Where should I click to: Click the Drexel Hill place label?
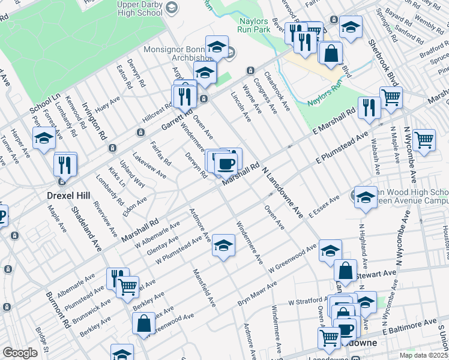click(69, 195)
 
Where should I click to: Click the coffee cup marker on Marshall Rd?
click(226, 162)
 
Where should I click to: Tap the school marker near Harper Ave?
click(44, 139)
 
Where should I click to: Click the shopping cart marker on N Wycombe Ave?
click(424, 140)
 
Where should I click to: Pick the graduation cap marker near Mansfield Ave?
click(223, 245)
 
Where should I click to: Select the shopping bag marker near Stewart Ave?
click(345, 271)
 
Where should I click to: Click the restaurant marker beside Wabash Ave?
click(368, 108)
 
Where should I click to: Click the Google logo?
click(20, 353)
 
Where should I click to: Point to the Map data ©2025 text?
click(424, 355)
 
